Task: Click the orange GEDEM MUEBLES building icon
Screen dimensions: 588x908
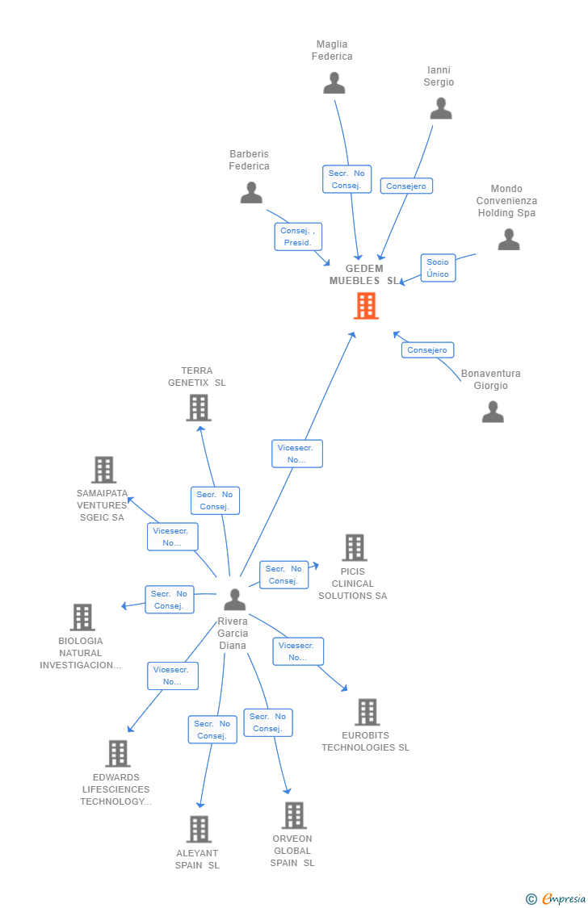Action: (x=366, y=306)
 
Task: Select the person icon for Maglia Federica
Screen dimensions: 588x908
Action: (x=334, y=83)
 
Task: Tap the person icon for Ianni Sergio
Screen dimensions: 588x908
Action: (x=441, y=108)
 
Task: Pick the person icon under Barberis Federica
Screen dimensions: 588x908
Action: (x=251, y=192)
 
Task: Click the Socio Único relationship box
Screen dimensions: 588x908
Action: (x=438, y=268)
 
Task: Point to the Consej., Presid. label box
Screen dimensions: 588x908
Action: (x=298, y=236)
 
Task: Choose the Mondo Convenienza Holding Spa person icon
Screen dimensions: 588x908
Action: (x=509, y=239)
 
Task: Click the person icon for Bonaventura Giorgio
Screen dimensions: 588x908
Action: (x=493, y=412)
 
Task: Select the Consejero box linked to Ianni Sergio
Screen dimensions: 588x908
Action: (x=406, y=186)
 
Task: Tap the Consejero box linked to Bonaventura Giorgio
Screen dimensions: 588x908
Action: (x=427, y=349)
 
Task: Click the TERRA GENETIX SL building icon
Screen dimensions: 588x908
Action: (x=199, y=408)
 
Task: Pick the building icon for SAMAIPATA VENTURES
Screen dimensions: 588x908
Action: (x=104, y=470)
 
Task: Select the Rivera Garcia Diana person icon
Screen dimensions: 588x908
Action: (x=234, y=600)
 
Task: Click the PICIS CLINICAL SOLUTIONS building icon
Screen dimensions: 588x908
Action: (x=355, y=548)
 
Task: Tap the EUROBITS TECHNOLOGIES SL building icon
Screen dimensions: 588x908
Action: (x=367, y=712)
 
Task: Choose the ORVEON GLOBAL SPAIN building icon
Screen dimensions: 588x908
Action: (x=294, y=815)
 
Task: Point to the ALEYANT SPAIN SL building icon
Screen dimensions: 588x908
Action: (x=199, y=829)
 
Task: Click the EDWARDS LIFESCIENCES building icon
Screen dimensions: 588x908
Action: (x=118, y=753)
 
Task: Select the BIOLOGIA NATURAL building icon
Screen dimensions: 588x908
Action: (x=82, y=617)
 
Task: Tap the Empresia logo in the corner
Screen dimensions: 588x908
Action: (x=556, y=899)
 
